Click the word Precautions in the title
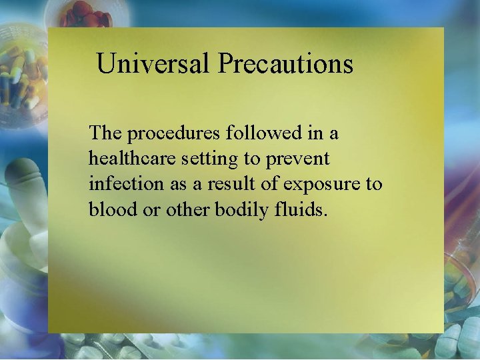click(285, 64)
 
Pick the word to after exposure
click(373, 184)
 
